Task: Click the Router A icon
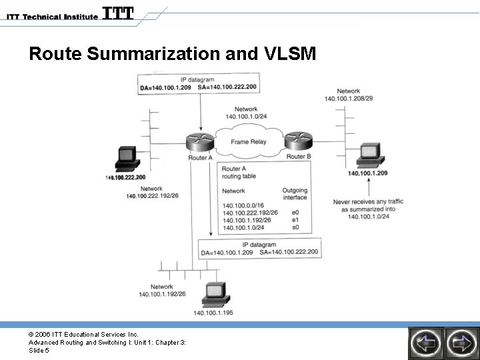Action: pos(199,142)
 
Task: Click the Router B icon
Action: pos(298,141)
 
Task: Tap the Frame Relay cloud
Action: pos(248,141)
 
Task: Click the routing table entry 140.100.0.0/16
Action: pos(243,205)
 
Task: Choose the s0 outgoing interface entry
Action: pos(295,228)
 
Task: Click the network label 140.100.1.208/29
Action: pos(349,99)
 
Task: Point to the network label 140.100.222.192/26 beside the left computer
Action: pos(151,196)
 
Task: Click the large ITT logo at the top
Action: pos(119,13)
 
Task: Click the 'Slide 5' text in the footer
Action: pos(38,351)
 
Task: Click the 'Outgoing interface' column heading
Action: pos(295,194)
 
